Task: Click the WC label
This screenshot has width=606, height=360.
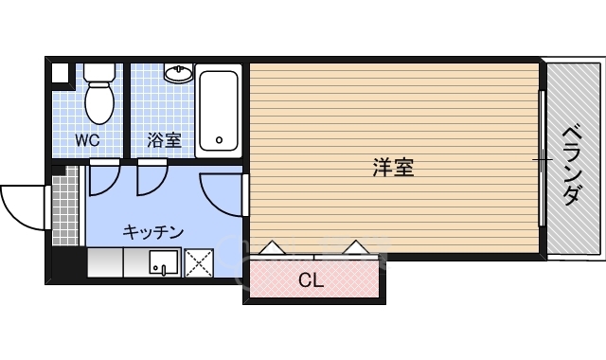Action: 89,141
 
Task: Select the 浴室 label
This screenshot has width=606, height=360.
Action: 164,141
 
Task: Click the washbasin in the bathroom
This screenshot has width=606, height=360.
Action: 178,73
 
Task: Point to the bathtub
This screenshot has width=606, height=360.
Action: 219,112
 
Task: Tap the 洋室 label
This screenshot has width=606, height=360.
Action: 392,170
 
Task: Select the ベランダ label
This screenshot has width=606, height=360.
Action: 571,165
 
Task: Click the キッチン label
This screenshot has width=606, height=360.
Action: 151,231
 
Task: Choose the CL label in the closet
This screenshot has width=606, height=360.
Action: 311,280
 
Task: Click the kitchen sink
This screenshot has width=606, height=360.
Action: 163,261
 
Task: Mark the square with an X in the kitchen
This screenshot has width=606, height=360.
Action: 199,261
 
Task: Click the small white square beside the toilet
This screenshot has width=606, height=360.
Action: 61,72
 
